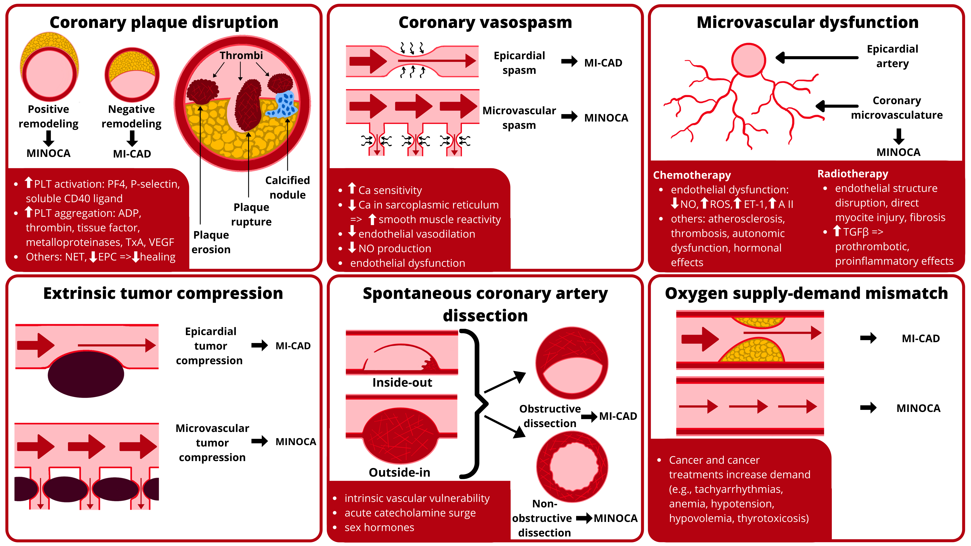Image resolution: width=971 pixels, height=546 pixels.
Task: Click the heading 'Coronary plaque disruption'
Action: (164, 23)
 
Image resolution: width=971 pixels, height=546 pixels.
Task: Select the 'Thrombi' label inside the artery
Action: (241, 55)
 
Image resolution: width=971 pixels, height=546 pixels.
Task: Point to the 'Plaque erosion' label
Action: (211, 242)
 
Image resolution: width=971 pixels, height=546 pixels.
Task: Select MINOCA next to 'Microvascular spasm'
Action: (606, 118)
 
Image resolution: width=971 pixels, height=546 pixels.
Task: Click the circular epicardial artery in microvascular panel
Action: (748, 60)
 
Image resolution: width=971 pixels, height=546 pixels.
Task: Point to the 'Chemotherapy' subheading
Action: (692, 175)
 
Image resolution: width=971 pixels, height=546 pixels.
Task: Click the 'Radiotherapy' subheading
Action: (853, 174)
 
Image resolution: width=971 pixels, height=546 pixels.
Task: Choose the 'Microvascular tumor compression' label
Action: (212, 443)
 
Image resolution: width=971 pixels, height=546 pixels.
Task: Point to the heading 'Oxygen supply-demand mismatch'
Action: (806, 293)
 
